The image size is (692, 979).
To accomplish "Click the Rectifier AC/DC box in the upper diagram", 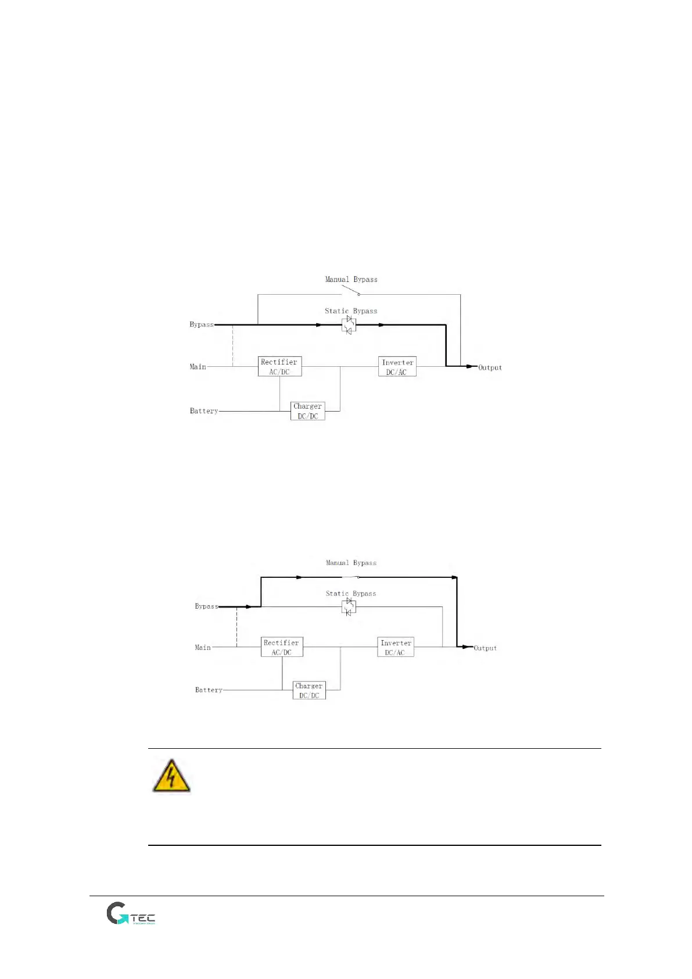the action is [x=279, y=366].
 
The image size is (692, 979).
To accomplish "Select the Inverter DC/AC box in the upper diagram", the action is [x=397, y=367].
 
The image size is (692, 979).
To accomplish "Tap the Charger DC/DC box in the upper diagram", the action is [x=307, y=410].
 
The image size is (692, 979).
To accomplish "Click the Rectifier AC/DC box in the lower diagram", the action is [x=282, y=647].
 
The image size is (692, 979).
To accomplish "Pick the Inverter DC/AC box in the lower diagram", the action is [x=396, y=647].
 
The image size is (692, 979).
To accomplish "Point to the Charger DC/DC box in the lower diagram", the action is [x=309, y=690].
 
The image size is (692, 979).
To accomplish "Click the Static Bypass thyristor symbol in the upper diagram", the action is [x=349, y=325].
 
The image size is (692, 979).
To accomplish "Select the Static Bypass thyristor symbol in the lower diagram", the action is [x=349, y=607].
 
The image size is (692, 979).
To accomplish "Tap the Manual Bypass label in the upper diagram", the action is [x=351, y=280].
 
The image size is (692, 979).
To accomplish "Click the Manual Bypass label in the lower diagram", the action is [x=351, y=563].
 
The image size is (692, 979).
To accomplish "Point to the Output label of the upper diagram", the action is [x=490, y=367].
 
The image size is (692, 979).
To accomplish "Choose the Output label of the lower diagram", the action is [x=485, y=648].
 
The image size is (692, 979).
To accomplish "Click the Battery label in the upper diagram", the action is [x=204, y=411].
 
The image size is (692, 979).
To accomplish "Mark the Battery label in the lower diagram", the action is [x=209, y=690].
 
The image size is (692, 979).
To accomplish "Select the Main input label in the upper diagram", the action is [x=198, y=367].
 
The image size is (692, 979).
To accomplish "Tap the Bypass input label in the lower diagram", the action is [x=206, y=606].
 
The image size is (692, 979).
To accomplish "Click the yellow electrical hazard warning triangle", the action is [x=171, y=776].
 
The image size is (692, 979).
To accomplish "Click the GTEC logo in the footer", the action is [x=131, y=913].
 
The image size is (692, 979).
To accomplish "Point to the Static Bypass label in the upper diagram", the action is [x=351, y=311].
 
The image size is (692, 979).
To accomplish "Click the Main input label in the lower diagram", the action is [x=203, y=648].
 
